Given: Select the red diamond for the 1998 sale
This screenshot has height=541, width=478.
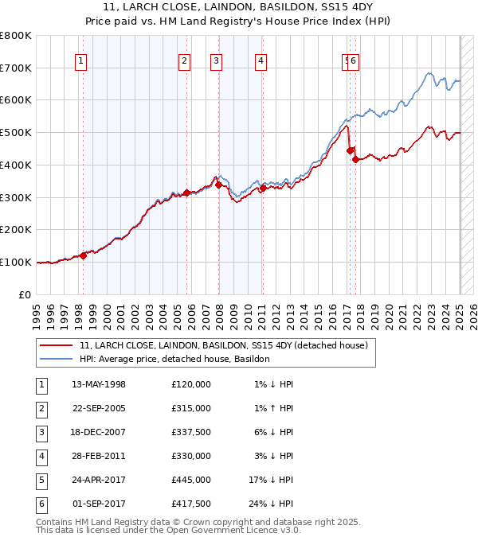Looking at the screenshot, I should (83, 255).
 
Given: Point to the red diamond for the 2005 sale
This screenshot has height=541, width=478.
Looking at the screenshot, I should (186, 193).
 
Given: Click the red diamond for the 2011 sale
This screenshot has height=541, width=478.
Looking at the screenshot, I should (263, 188).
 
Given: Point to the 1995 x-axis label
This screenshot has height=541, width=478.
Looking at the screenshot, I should (37, 312).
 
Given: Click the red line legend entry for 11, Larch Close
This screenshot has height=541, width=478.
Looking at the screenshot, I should (223, 346).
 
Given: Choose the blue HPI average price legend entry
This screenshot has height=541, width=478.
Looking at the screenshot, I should (174, 360).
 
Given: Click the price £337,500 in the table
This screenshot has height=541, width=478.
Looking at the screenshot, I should (191, 432).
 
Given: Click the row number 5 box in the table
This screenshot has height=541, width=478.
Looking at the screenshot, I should (41, 480).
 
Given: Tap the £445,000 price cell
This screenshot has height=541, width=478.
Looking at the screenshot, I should (191, 480).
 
